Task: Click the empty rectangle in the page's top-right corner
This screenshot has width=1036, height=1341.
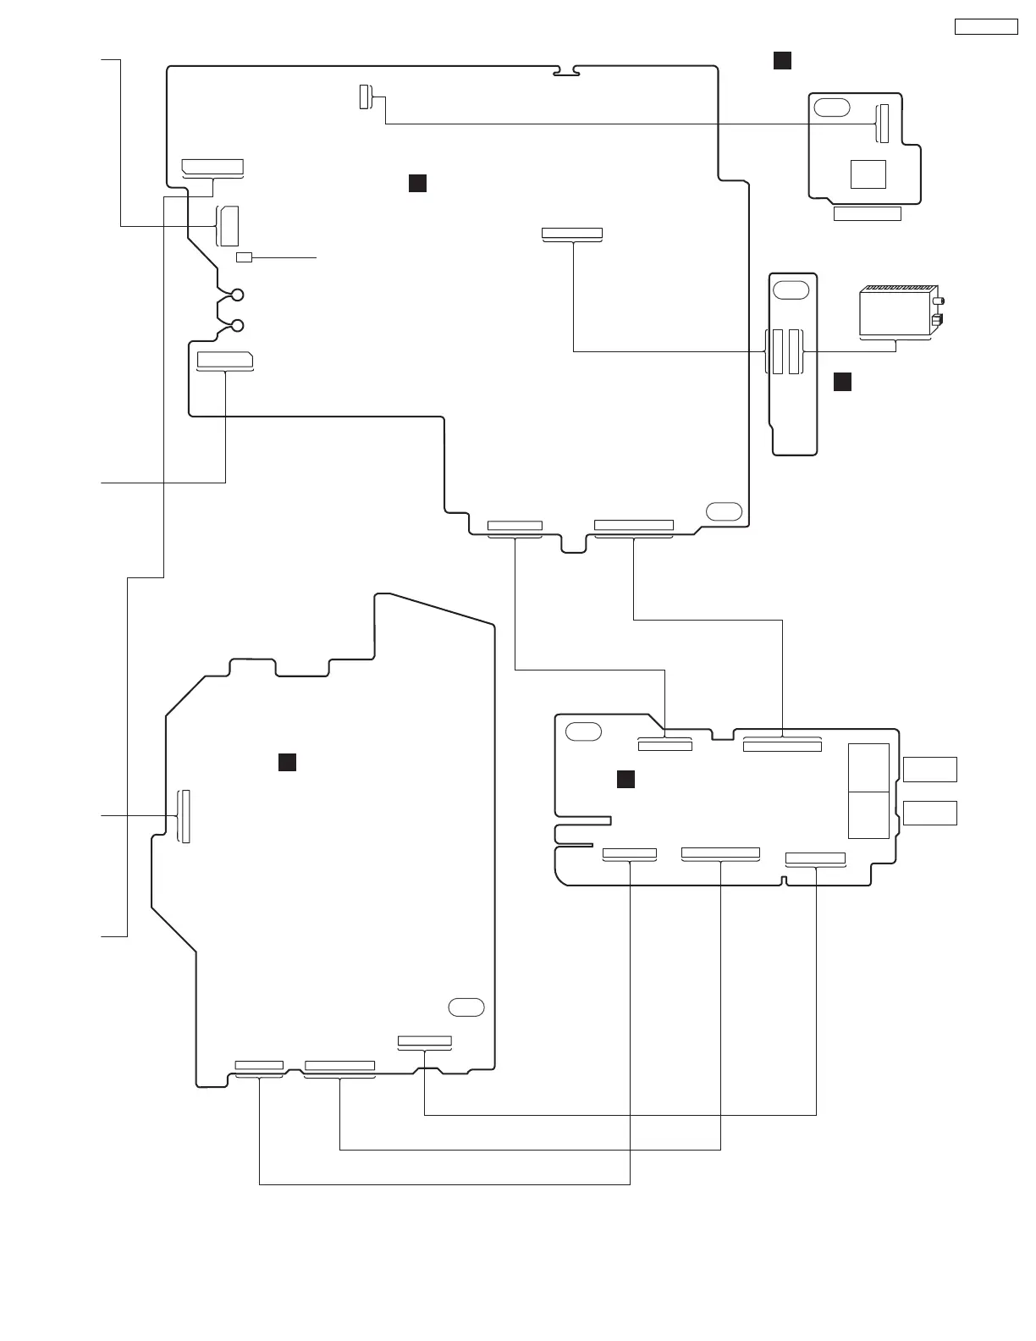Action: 986,26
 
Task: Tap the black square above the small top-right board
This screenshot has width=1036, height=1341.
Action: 782,60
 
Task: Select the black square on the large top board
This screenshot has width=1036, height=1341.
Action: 417,184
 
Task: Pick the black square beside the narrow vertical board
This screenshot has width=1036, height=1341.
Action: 842,382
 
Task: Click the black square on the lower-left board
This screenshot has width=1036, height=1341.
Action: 287,762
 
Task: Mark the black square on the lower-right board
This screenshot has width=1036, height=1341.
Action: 625,779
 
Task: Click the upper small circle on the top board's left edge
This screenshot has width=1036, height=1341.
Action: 238,295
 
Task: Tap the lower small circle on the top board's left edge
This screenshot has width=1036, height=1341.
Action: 238,326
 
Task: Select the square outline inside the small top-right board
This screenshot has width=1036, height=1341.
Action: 868,174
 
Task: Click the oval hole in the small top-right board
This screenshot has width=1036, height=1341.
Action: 833,108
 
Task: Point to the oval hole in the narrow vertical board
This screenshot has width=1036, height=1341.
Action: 791,289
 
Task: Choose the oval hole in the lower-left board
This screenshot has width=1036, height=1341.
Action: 466,1007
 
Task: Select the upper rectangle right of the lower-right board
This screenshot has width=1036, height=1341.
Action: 930,770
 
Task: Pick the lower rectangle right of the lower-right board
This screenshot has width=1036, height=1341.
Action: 930,813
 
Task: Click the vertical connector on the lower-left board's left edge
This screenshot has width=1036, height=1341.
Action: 184,816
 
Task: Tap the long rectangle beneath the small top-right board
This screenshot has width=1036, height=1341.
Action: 868,214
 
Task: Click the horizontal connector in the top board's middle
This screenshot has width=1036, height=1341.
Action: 572,234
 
